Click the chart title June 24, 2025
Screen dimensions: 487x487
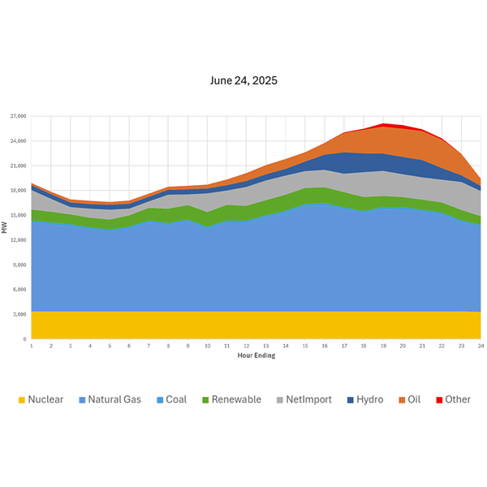coord(243,81)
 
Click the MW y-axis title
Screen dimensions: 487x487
coord(6,228)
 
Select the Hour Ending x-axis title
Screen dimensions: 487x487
coord(256,356)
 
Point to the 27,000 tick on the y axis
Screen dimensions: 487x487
coord(19,116)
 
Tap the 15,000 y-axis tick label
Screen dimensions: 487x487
coord(19,215)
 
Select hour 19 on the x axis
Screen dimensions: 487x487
coord(383,346)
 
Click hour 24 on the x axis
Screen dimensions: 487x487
coord(481,346)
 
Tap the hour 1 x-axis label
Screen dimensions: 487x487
coord(32,346)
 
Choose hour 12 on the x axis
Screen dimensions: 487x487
coord(246,346)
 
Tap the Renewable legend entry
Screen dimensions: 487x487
coord(232,399)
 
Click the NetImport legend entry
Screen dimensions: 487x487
coord(305,399)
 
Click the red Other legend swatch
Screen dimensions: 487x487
coord(438,399)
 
